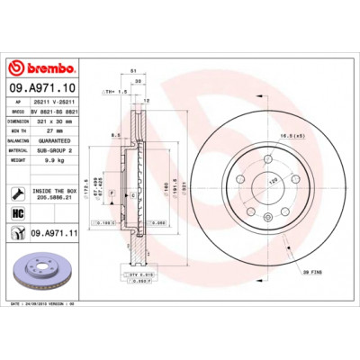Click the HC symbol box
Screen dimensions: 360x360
(18, 212)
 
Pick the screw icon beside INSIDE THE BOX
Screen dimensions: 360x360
(18, 191)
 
